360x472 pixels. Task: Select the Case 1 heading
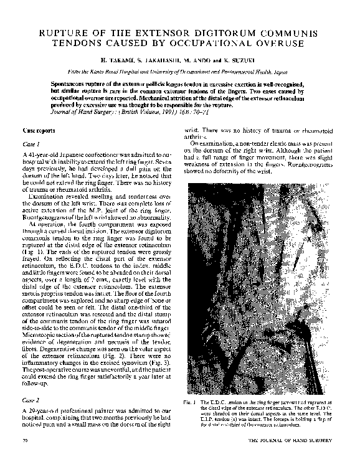coord(31,144)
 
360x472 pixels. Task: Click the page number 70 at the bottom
coord(24,441)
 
